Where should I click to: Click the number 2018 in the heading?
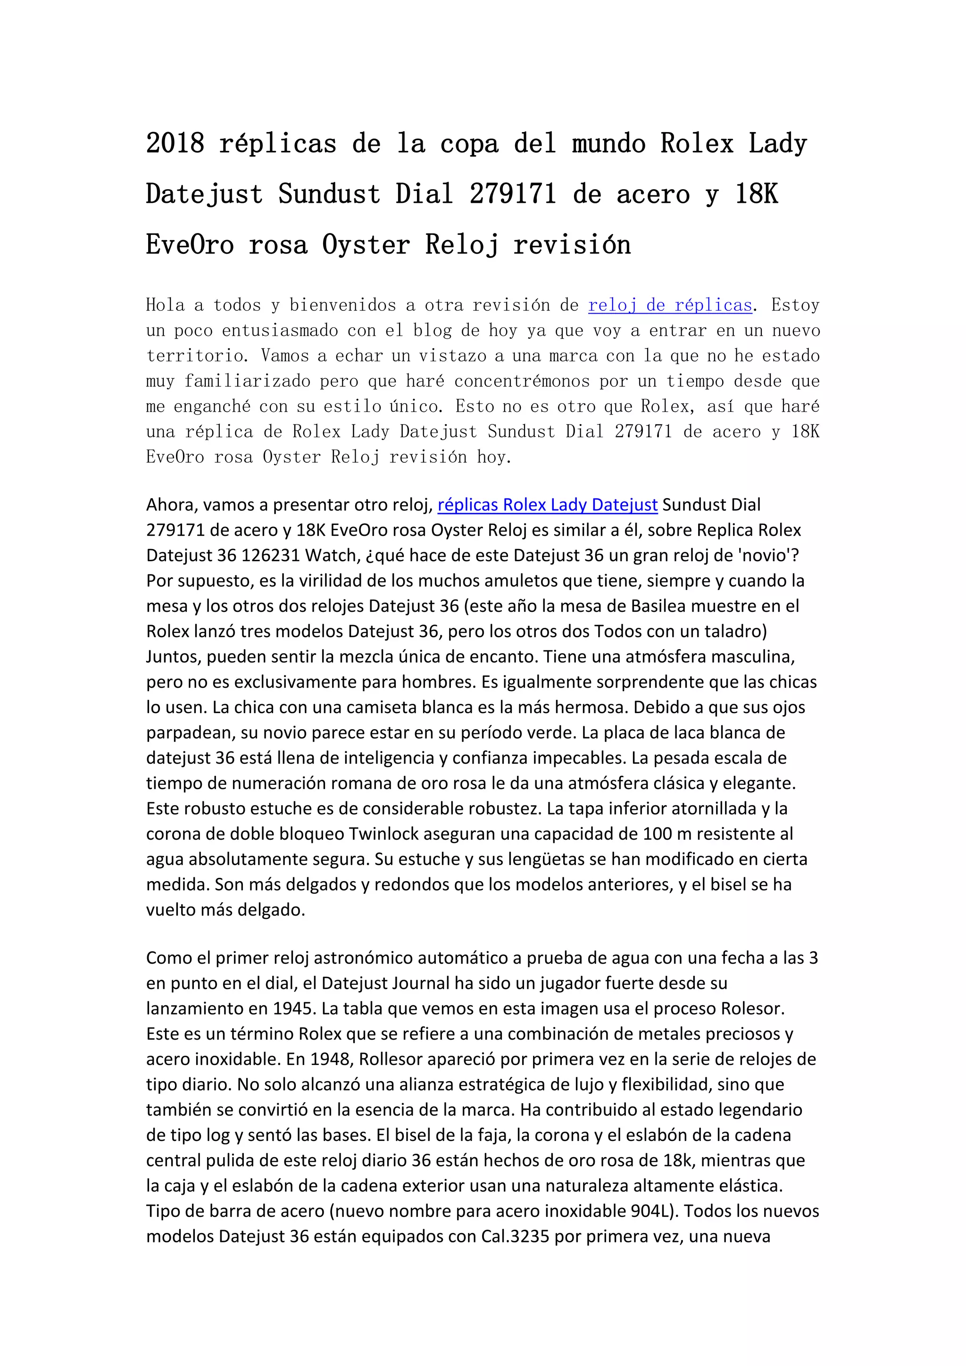pos(175,143)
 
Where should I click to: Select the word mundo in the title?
pos(608,143)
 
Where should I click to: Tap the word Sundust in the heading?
pos(329,194)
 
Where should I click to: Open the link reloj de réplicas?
pos(670,305)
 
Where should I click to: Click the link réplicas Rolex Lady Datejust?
pos(547,505)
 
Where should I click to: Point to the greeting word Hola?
pos(166,305)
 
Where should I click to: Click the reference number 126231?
pos(271,555)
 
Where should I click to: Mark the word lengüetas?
pos(559,859)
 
